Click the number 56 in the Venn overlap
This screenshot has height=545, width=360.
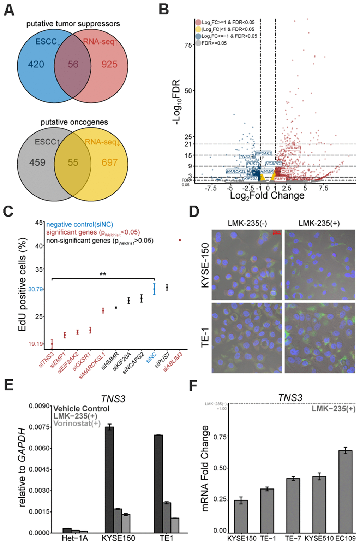tap(73, 64)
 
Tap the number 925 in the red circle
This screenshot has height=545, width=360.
tap(109, 64)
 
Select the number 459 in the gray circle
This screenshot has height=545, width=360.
tap(37, 162)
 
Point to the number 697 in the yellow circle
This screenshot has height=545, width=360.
tap(109, 162)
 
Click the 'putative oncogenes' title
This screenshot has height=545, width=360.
tap(74, 122)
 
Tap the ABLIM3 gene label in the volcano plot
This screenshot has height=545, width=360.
tap(293, 148)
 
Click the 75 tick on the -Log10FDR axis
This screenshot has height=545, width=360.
tap(188, 45)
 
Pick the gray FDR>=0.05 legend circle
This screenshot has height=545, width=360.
tap(198, 43)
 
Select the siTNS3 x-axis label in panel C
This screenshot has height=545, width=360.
tap(47, 360)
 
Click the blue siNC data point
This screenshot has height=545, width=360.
tap(154, 289)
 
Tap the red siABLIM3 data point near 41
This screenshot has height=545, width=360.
tap(180, 240)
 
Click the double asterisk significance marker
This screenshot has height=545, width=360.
tap(103, 274)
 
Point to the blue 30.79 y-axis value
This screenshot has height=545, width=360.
tap(35, 289)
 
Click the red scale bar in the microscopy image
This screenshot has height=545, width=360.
tap(277, 232)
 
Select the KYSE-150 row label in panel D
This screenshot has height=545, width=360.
tap(205, 265)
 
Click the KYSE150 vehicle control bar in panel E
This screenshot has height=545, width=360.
tap(109, 480)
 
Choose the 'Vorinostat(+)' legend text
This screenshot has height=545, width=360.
tap(77, 423)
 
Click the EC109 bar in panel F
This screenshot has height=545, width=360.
tap(345, 491)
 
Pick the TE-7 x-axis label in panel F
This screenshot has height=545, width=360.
tap(293, 538)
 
